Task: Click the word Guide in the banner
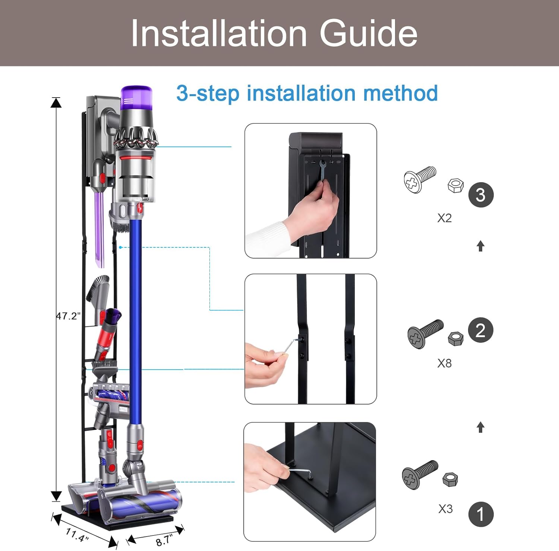368,34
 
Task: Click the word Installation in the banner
219,34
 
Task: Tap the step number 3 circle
481,195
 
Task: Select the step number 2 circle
481,330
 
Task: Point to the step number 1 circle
481,514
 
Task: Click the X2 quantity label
445,218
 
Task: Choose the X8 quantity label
445,363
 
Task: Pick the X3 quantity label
445,509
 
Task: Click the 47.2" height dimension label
68,316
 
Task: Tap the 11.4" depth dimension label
77,535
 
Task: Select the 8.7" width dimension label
164,540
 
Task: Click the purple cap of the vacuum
136,99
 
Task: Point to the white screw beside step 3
420,180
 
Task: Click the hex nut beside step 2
455,338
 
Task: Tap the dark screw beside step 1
420,474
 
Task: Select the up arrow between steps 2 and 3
481,246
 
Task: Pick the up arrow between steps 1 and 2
481,427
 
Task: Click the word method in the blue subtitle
401,93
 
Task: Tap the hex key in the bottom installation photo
300,471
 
